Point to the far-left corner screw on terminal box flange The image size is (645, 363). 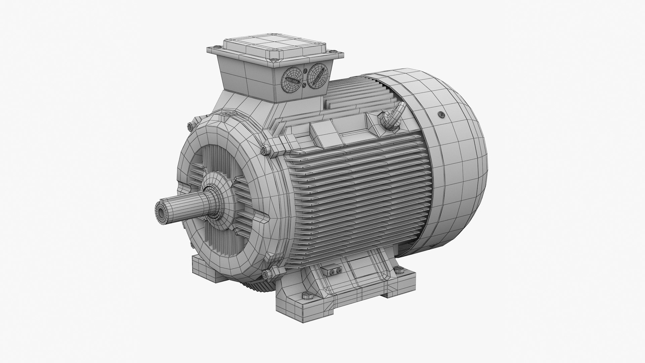point(208,49)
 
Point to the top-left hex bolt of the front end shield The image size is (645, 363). point(190,126)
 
